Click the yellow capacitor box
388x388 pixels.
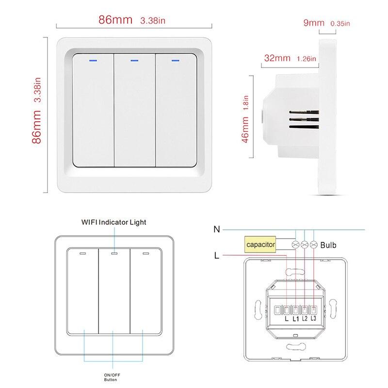[x=260, y=245]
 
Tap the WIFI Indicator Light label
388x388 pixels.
[x=113, y=222]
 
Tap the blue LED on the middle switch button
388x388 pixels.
[x=134, y=61]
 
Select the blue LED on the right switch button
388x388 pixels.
[x=175, y=61]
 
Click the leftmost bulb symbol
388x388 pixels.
[x=295, y=245]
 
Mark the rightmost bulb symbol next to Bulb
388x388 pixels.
[x=314, y=245]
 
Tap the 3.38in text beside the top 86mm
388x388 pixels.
[x=153, y=21]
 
